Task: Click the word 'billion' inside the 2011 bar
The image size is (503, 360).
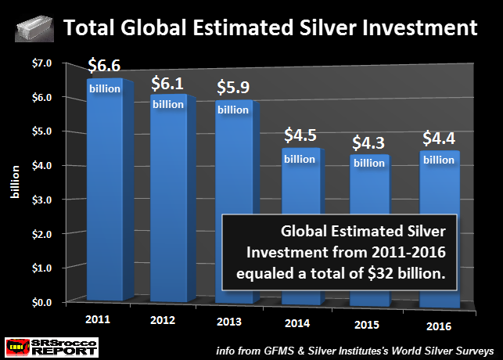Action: point(104,88)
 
